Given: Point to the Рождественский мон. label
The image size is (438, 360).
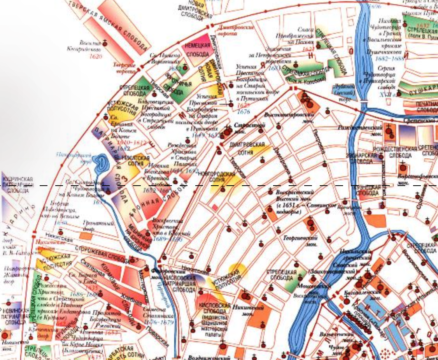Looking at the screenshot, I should pos(359,130).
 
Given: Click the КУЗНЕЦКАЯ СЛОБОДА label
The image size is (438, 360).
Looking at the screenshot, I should pos(366,190).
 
